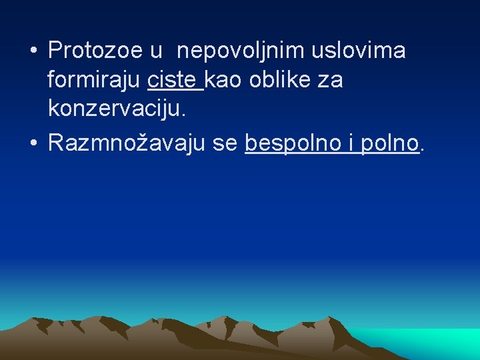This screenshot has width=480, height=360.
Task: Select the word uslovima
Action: coord(360,51)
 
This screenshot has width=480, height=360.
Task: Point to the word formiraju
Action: coord(93,81)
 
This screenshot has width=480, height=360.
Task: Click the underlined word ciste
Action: coord(173,81)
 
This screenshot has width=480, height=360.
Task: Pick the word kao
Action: coord(225,81)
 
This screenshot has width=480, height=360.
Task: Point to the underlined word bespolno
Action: coord(289,143)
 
